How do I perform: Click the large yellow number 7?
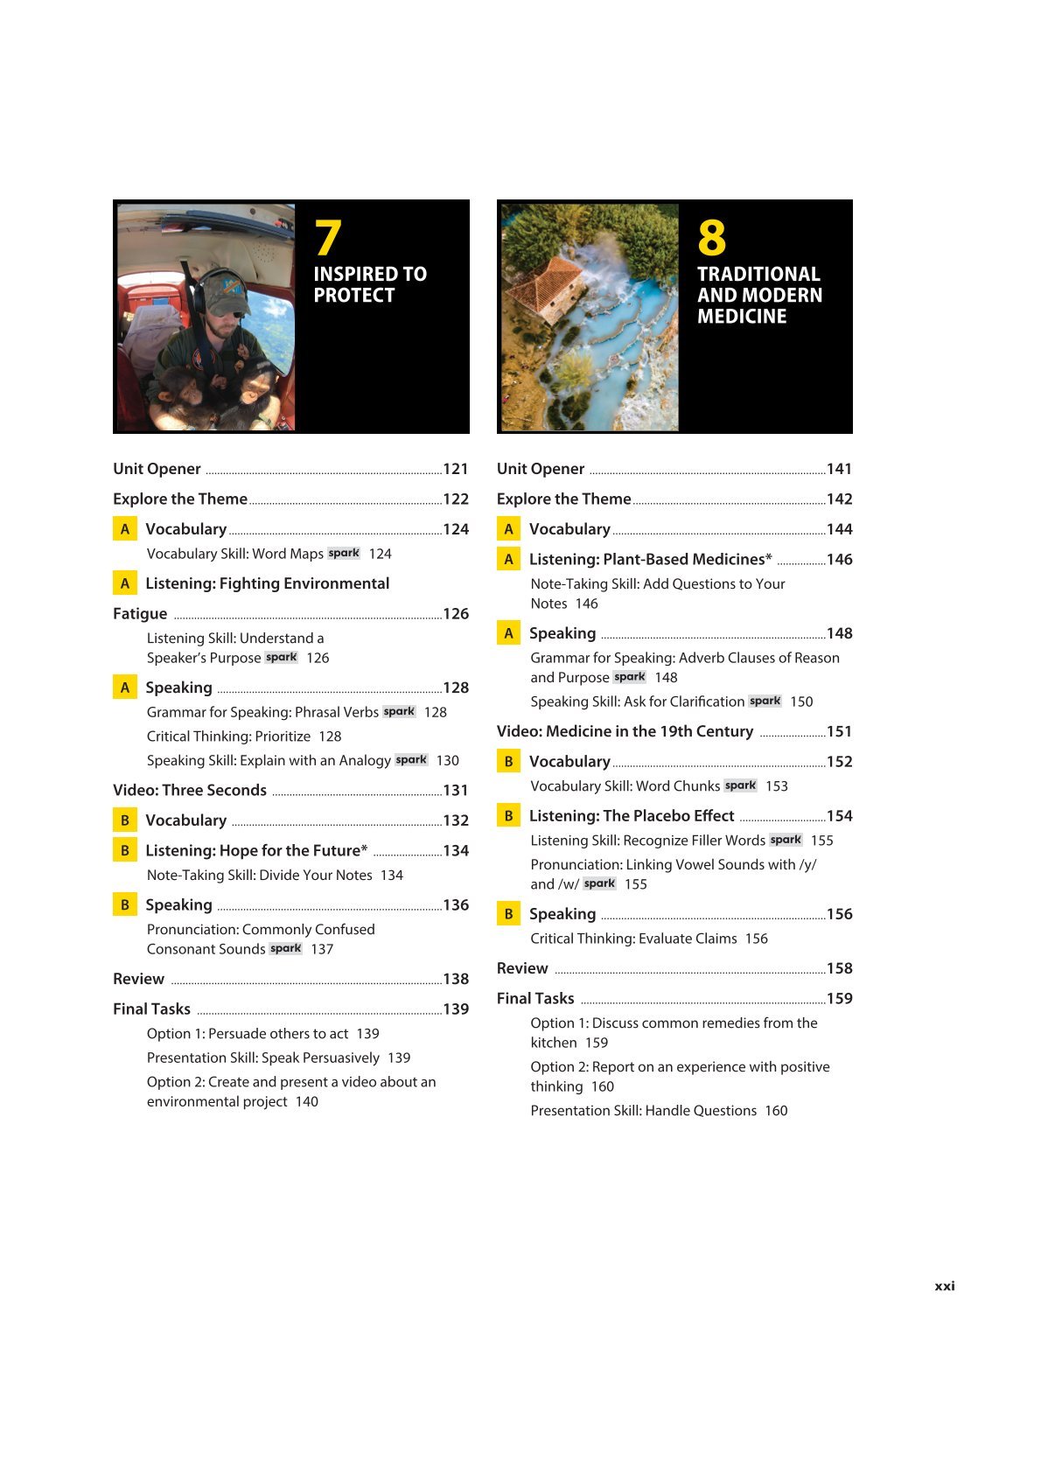pos(328,238)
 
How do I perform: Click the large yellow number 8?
pos(711,238)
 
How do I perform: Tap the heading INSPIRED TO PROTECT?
pos(370,284)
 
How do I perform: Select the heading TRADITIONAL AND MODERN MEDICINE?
pos(759,295)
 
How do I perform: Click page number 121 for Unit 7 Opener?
pos(456,469)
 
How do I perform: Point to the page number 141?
pos(839,469)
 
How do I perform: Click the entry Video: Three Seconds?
pos(190,790)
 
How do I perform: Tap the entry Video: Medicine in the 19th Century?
pos(625,731)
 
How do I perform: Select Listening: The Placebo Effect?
pos(631,815)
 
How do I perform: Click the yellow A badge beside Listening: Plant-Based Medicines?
pos(508,559)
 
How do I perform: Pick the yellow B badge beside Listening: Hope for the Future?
pos(125,850)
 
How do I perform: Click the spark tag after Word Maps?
pos(344,553)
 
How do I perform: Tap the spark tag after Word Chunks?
pos(740,785)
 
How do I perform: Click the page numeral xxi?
pos(945,1286)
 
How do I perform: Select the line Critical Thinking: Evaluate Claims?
pos(633,939)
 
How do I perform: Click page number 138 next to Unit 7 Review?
pos(456,979)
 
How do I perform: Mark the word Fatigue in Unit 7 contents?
pos(140,613)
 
